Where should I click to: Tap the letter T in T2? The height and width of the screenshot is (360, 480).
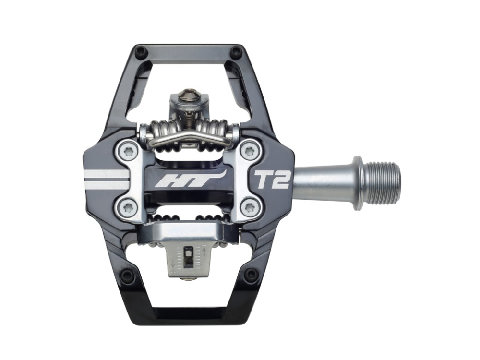click(x=264, y=180)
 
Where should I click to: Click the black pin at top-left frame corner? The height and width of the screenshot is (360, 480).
click(x=140, y=50)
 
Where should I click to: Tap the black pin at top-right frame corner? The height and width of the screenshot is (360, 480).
click(x=236, y=50)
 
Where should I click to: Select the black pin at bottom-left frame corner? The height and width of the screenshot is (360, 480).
click(x=127, y=276)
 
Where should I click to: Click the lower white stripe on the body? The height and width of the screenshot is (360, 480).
click(x=107, y=185)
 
